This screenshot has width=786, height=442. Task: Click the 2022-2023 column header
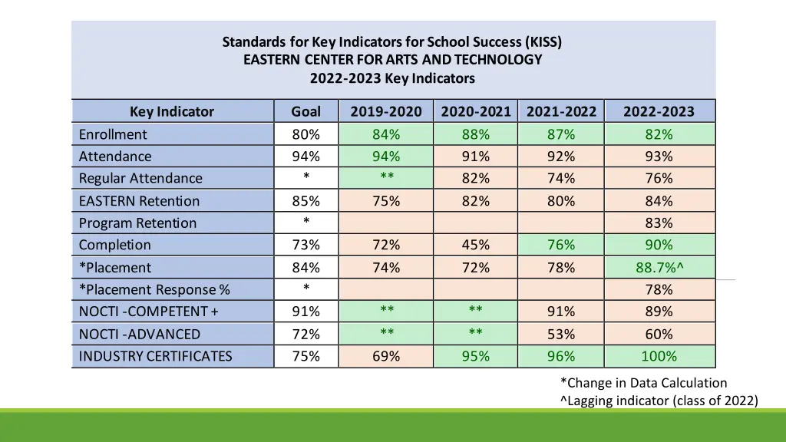(x=659, y=111)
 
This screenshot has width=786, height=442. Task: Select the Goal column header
(x=305, y=111)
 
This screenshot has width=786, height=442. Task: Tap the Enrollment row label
(x=113, y=134)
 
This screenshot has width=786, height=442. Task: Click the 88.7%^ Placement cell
(x=659, y=268)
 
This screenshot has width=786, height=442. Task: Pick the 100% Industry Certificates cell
(x=659, y=356)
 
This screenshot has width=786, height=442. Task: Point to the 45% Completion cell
(x=475, y=245)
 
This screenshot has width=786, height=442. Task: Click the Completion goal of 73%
(x=305, y=245)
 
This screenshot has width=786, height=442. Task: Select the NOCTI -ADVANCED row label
(x=140, y=335)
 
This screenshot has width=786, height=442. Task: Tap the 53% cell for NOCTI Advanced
(x=561, y=335)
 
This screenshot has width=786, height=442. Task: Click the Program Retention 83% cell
(x=659, y=223)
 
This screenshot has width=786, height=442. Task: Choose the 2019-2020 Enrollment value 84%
(x=386, y=134)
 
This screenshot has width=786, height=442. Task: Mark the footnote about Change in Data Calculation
(x=643, y=382)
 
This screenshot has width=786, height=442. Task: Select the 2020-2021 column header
(x=476, y=111)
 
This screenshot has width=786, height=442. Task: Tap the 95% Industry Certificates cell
(x=475, y=356)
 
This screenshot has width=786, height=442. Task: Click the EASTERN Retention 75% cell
(x=386, y=201)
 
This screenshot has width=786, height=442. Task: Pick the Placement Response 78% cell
(x=659, y=289)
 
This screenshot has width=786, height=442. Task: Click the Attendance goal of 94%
(x=305, y=157)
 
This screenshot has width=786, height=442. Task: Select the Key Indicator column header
(x=172, y=111)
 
